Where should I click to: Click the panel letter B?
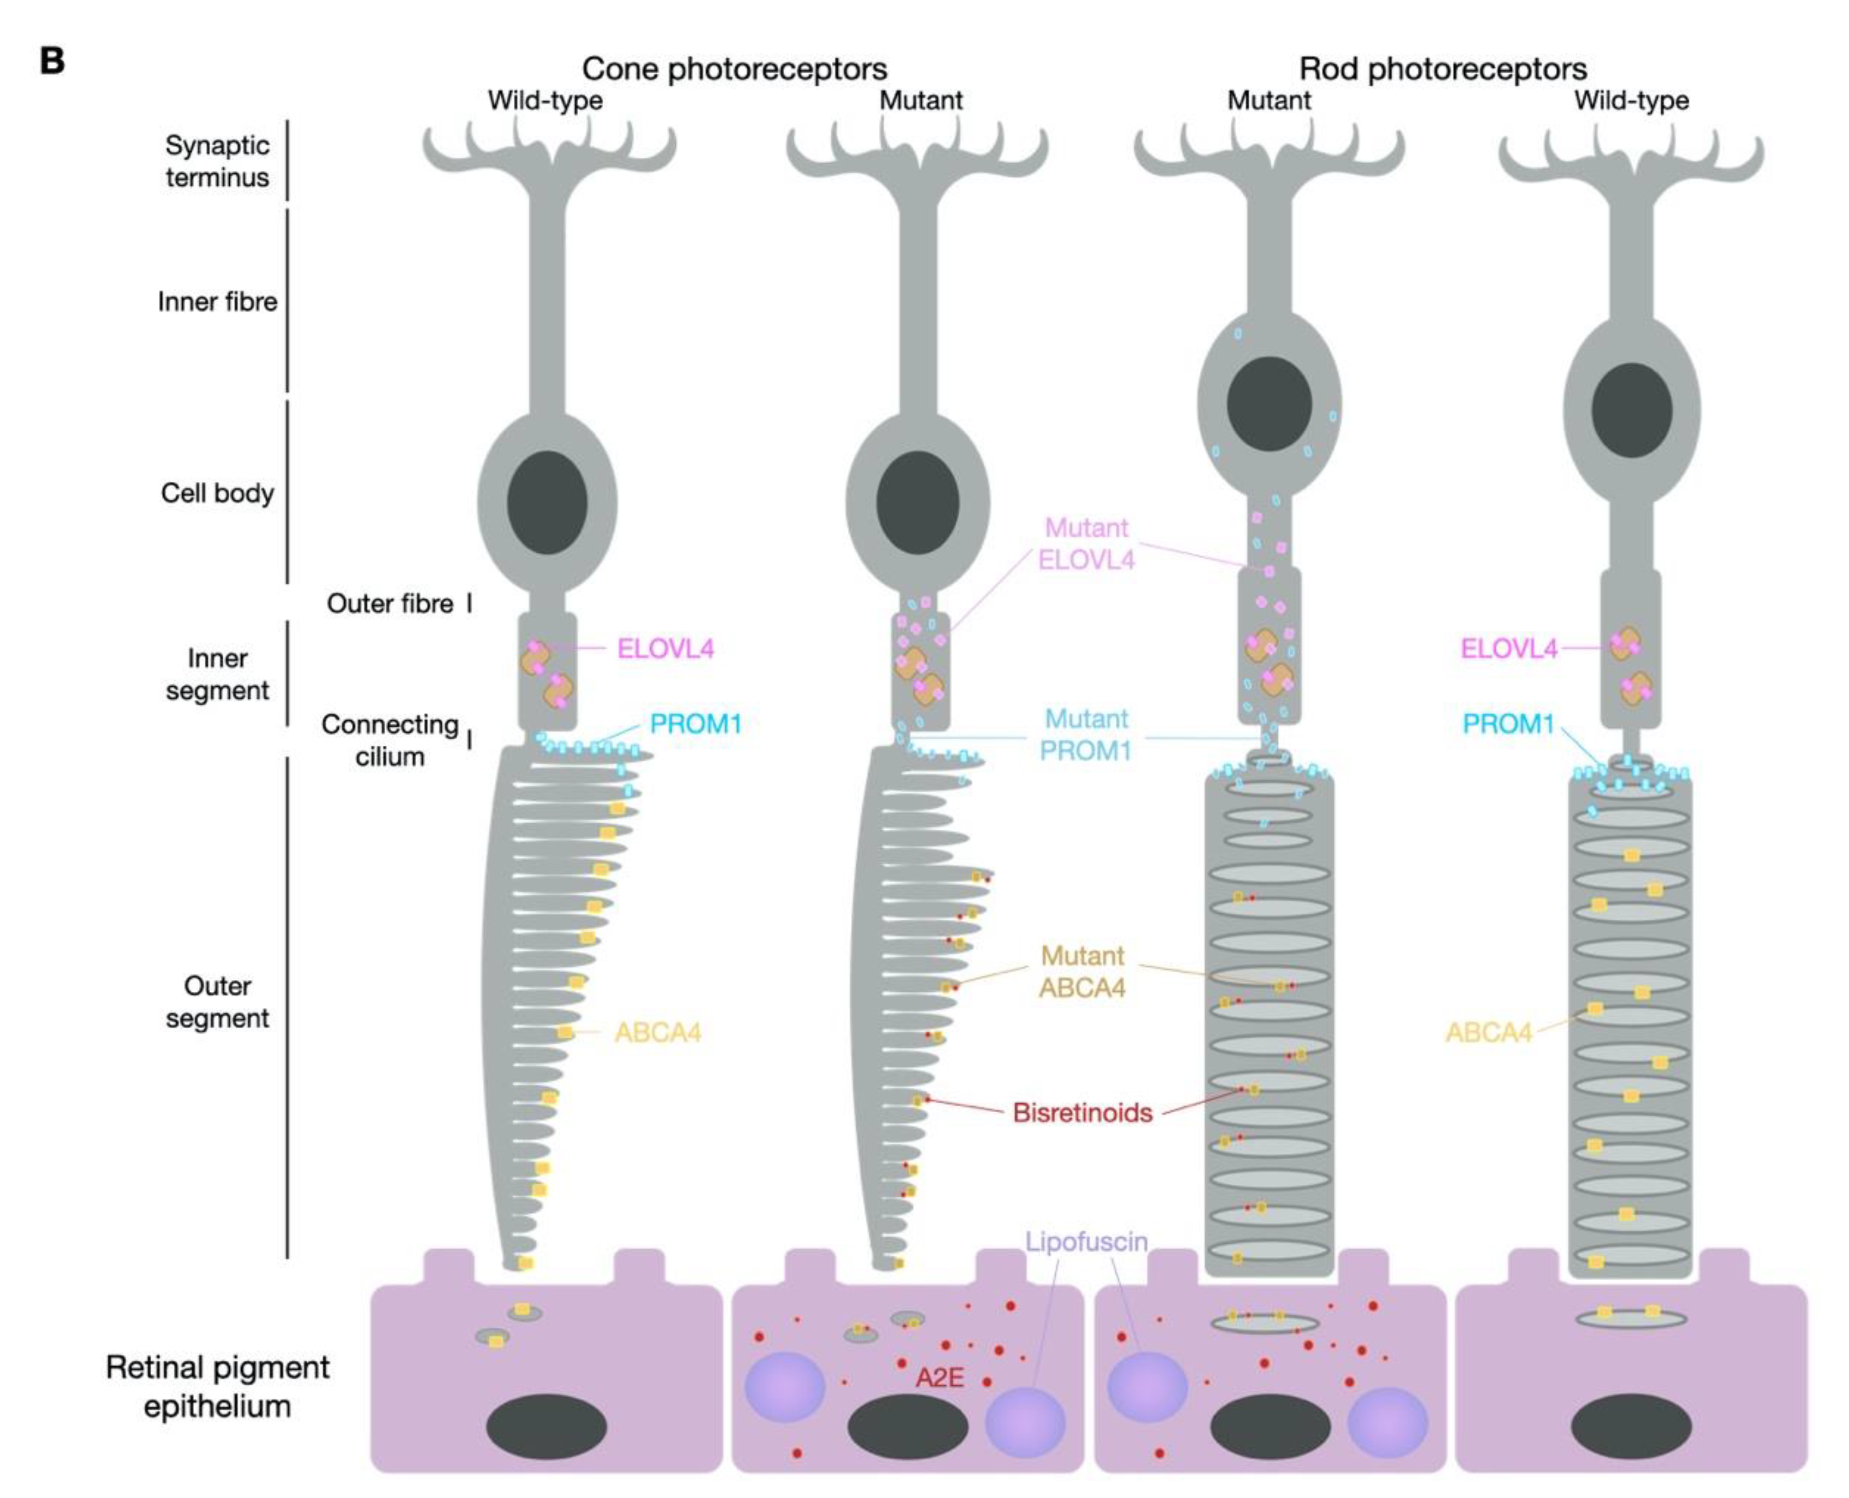click(x=52, y=61)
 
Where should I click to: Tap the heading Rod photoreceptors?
click(x=1443, y=68)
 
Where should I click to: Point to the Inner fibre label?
click(x=217, y=302)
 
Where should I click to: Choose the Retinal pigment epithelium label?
click(x=217, y=1387)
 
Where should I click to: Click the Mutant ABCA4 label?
click(x=1082, y=972)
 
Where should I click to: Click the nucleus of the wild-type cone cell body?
click(x=547, y=503)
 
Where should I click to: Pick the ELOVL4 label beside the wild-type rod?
click(x=1508, y=649)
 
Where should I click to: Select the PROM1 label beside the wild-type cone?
click(x=695, y=724)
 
